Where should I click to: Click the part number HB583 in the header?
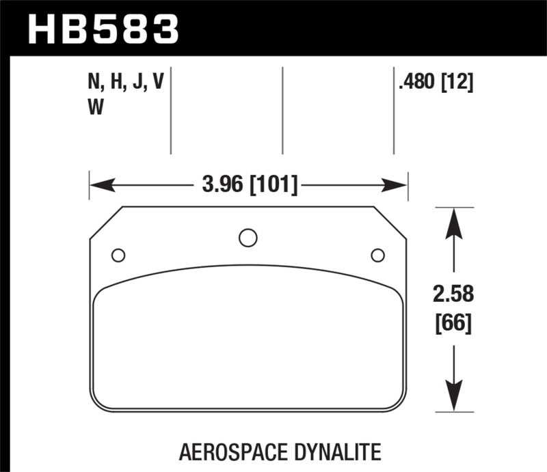[103, 29]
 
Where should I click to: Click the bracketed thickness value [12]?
[457, 83]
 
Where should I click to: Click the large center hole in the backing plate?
[248, 238]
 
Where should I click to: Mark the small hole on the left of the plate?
[118, 255]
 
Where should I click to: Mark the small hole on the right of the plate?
[377, 255]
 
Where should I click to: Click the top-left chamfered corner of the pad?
[106, 223]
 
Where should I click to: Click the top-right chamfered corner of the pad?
[390, 223]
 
